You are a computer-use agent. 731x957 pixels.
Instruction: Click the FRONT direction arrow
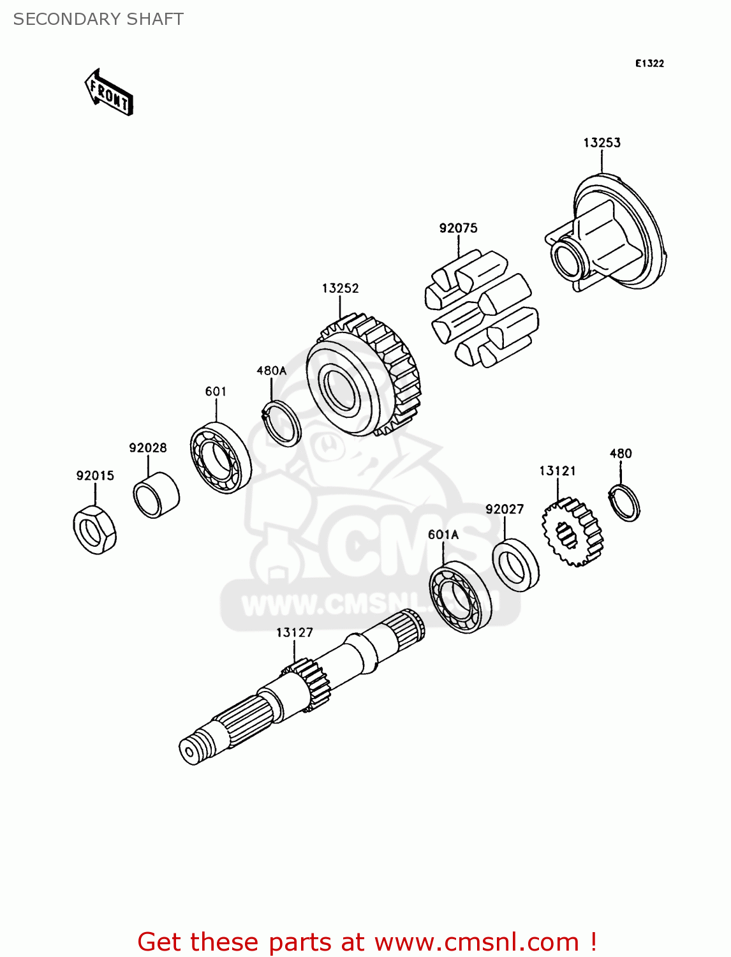[x=109, y=93]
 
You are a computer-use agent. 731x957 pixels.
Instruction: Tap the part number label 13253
[x=602, y=142]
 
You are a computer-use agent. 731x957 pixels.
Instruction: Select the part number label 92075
[x=458, y=228]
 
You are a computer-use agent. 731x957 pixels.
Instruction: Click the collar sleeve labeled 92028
[x=156, y=494]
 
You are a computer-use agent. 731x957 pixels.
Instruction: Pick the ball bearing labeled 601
[x=221, y=457]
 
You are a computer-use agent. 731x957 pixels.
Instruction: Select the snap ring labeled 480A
[x=282, y=422]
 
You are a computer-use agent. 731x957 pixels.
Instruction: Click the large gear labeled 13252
[x=362, y=376]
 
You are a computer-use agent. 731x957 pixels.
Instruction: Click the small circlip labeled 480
[x=623, y=503]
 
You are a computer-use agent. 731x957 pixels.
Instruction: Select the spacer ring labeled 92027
[x=515, y=565]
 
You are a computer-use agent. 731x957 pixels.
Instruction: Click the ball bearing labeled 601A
[x=459, y=597]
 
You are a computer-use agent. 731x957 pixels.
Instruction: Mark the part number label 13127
[x=295, y=632]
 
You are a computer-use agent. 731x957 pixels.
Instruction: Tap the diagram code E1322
[x=649, y=63]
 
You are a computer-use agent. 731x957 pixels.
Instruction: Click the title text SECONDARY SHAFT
[x=98, y=19]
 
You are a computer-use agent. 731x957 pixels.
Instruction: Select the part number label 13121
[x=557, y=471]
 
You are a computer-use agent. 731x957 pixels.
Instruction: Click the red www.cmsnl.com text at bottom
[x=476, y=942]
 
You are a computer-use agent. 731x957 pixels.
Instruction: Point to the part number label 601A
[x=443, y=535]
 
